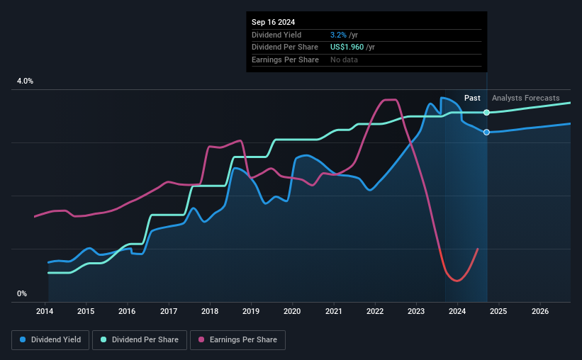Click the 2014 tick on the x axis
[x=45, y=311]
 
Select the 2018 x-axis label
[x=209, y=311]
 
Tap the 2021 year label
[x=333, y=311]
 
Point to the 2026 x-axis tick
[x=539, y=311]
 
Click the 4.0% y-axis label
[x=26, y=81]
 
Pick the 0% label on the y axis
[x=22, y=293]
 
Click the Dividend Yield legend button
[x=50, y=340]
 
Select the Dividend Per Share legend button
[x=144, y=340]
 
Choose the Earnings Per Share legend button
[x=237, y=340]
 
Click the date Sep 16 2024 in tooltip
[x=274, y=22]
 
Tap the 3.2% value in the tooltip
[x=339, y=35]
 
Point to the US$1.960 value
[x=347, y=47]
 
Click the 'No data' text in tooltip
[x=345, y=60]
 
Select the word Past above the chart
[x=472, y=98]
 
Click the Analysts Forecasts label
[x=525, y=98]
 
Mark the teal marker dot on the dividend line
[x=486, y=113]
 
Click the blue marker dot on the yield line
[x=486, y=133]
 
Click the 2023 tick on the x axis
[x=416, y=311]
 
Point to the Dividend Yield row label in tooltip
[x=276, y=35]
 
